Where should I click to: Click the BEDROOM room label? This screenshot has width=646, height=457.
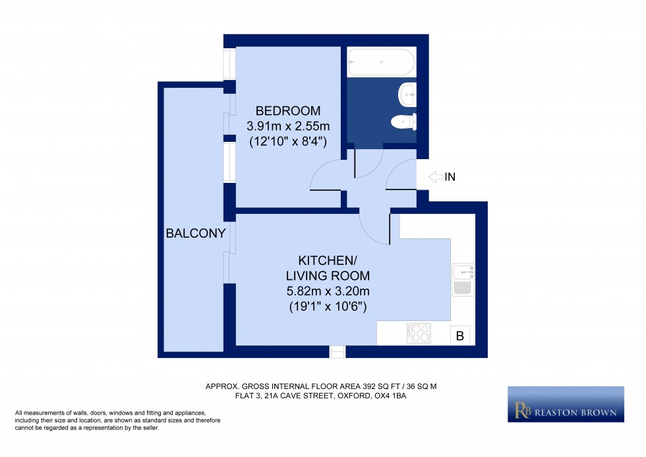288,110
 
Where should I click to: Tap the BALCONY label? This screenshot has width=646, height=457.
196,233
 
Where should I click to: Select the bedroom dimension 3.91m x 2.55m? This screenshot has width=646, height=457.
288,125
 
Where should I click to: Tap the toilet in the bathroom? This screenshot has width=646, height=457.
403,122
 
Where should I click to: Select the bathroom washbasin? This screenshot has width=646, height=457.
407,94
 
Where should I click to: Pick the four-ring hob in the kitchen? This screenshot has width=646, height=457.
419,333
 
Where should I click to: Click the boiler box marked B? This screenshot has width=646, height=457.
460,336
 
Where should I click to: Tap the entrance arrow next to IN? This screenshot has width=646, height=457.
436,177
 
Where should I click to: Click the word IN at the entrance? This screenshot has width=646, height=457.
450,177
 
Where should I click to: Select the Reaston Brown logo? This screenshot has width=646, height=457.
566,404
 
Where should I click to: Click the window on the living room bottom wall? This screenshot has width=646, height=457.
338,351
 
